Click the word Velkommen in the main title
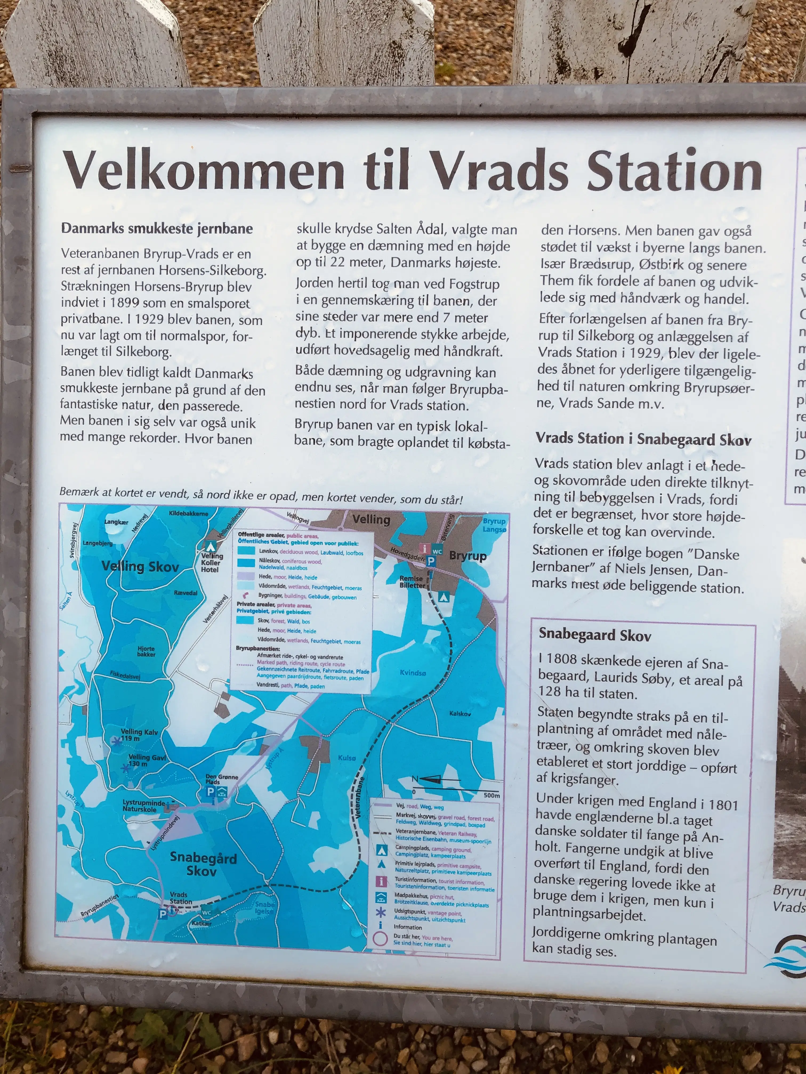point(204,171)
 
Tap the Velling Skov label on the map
point(140,566)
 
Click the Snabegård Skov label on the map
point(203,865)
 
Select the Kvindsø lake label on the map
point(413,673)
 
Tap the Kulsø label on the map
point(347,758)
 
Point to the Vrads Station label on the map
point(180,898)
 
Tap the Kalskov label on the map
point(460,714)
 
